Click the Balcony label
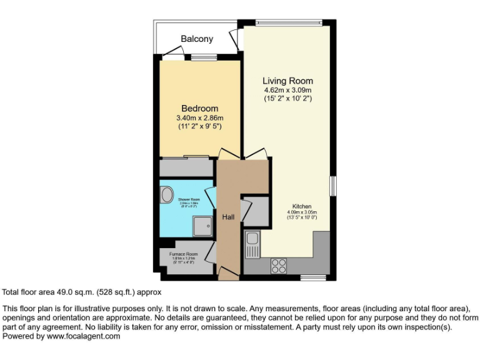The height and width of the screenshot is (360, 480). coord(197,39)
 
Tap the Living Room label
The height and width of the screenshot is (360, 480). coord(287,81)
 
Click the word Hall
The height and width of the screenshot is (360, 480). coord(229,217)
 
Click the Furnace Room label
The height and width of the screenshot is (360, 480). coord(183,254)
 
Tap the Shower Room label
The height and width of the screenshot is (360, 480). coord(188,199)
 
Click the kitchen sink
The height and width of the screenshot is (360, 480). coord(252,243)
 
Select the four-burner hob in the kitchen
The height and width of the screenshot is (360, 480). coord(278,266)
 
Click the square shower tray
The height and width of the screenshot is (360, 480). coord(202,226)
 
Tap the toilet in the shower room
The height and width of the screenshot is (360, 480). coord(167,196)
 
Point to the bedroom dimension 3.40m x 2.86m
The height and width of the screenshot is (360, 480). coord(200,117)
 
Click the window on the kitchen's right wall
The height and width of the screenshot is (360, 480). coord(334,186)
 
